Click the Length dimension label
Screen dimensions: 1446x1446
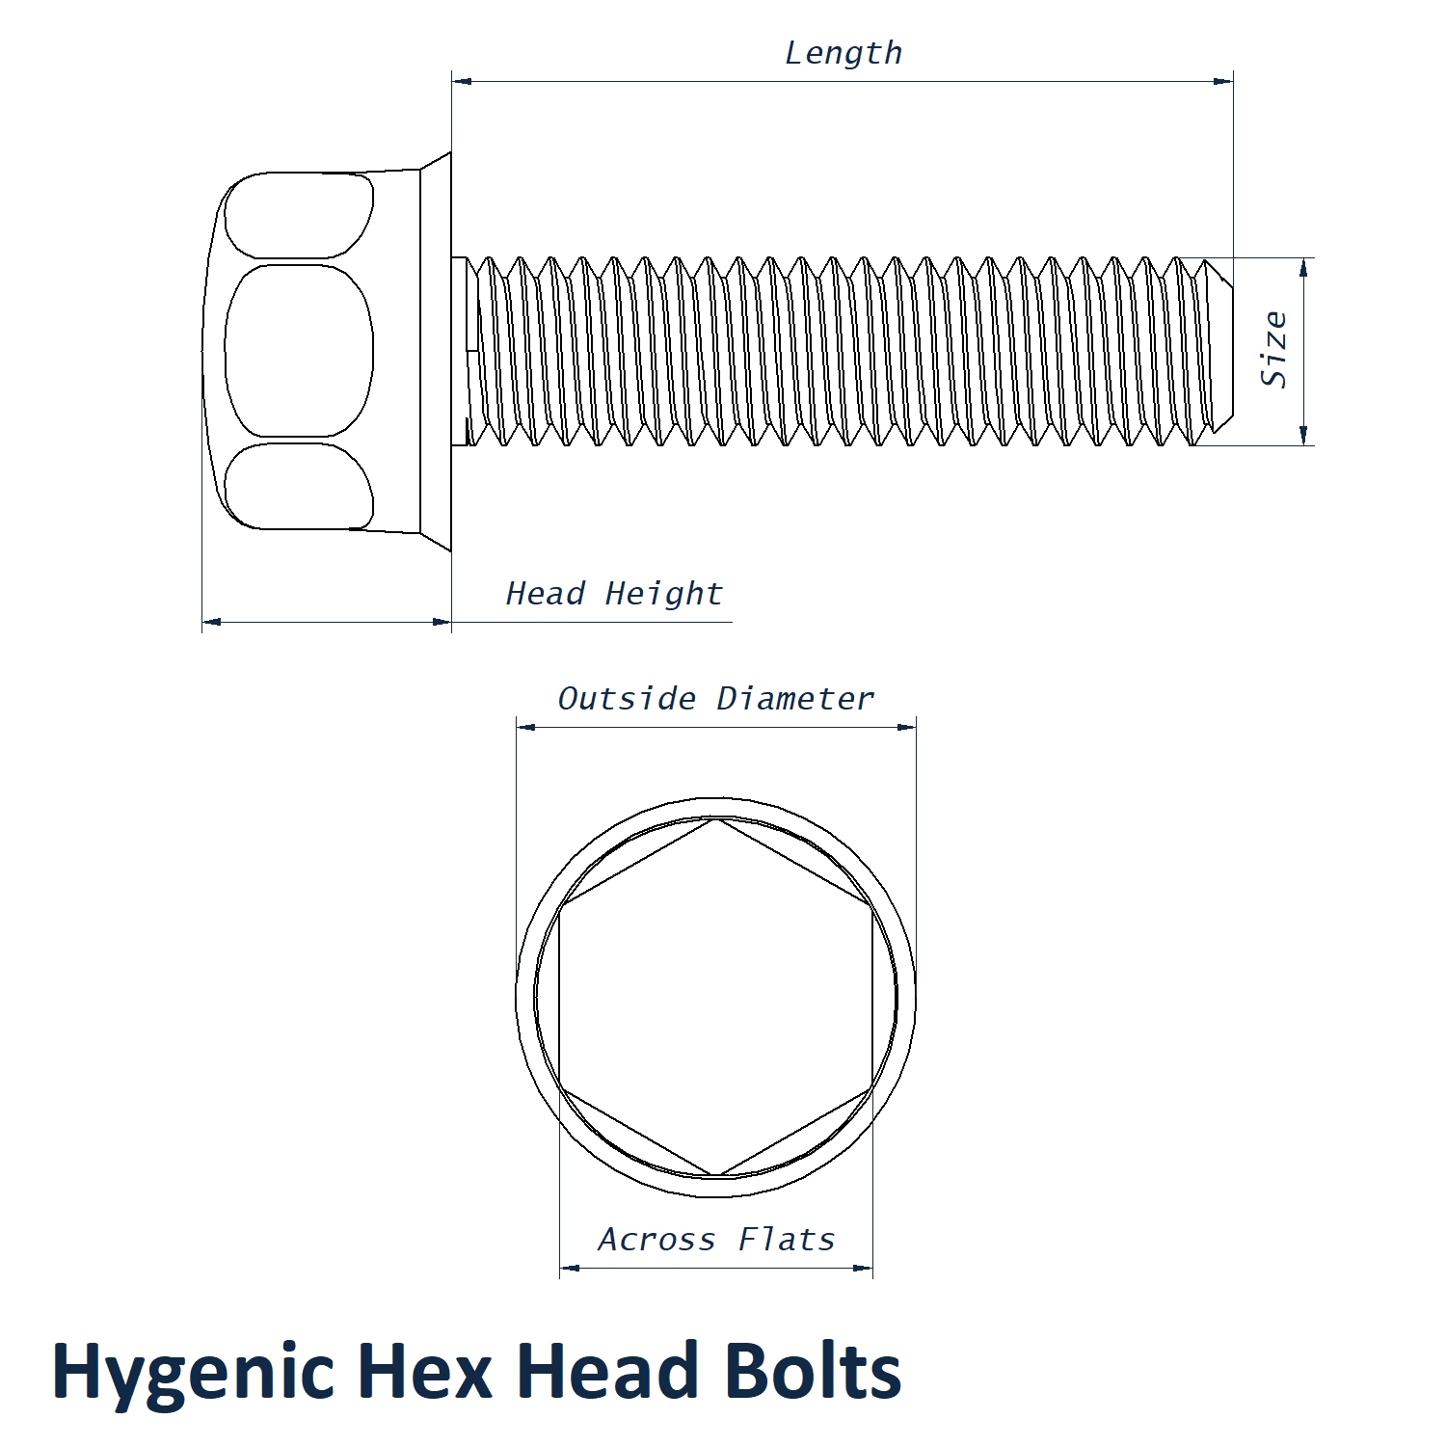843,53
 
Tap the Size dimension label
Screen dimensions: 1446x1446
1275,349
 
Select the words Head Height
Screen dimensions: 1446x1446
614,593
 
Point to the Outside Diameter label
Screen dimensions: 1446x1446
716,698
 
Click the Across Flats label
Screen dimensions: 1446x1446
716,1239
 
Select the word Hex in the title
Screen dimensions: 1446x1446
425,1370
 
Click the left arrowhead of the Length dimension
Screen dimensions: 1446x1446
462,81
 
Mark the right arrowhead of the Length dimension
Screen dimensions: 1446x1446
1223,81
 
